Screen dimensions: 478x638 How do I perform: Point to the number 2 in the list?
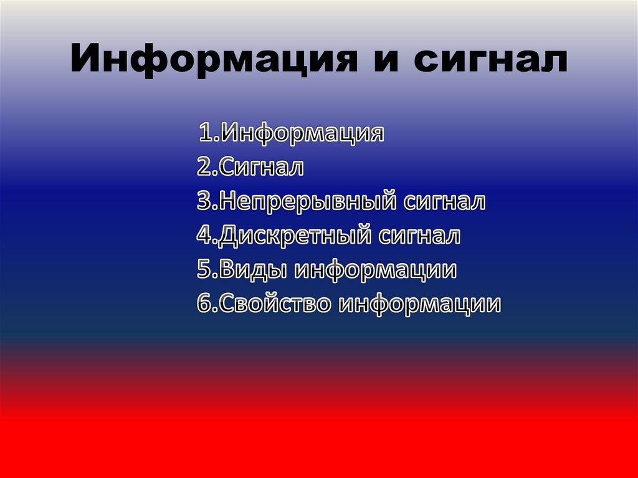coord(204,167)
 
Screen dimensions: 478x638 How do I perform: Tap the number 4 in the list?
coord(203,236)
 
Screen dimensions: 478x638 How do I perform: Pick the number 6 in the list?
coord(204,304)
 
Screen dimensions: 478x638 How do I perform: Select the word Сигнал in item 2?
coord(261,167)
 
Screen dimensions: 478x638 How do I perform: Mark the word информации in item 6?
coord(420,304)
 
